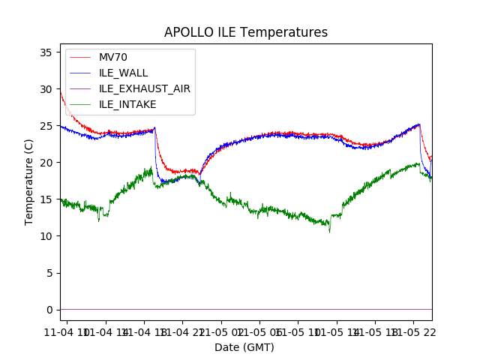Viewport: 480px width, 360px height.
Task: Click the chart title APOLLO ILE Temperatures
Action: pos(246,32)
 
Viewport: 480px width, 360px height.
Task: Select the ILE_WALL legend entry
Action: pos(123,73)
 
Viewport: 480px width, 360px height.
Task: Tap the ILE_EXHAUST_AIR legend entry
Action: pos(144,88)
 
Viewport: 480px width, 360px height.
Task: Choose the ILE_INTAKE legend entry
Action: pos(127,104)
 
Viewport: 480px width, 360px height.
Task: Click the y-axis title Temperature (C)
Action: pos(29,181)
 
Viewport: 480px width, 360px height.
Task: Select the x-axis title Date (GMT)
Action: pos(244,347)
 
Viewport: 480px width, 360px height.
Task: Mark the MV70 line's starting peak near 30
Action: pos(61,91)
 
